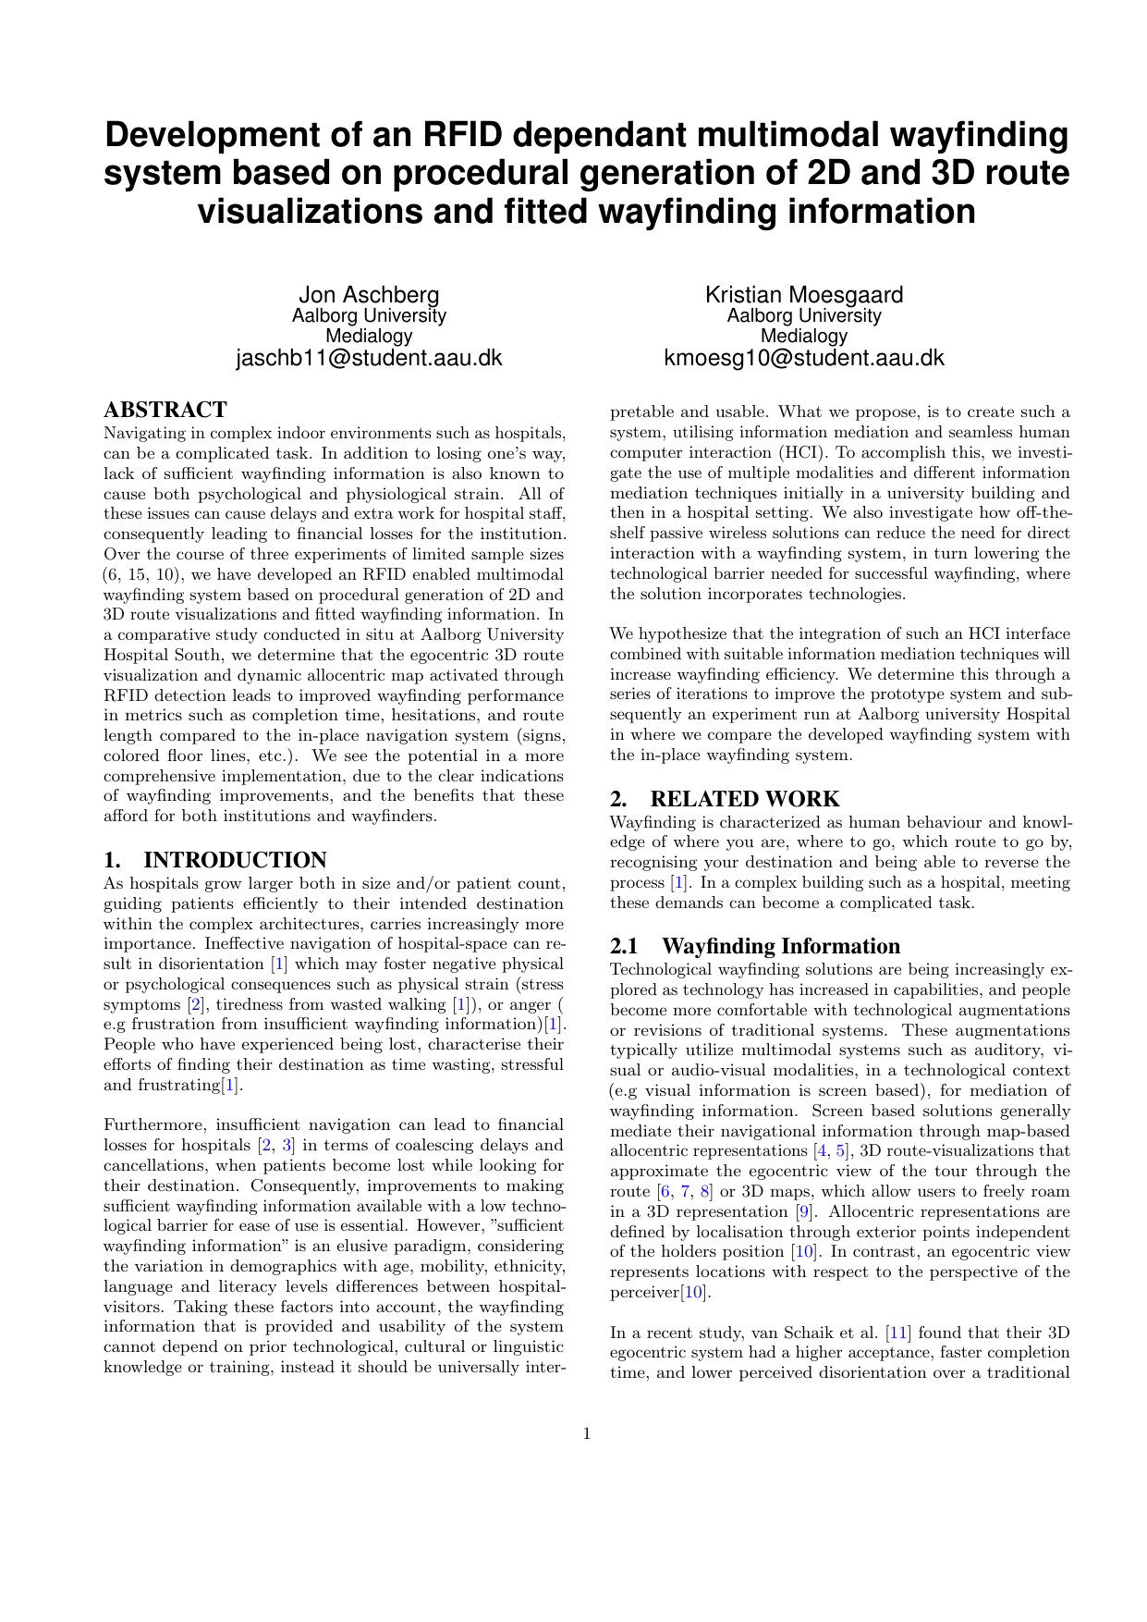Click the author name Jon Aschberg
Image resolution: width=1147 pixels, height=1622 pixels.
point(369,295)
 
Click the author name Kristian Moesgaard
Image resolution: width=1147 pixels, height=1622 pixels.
point(804,295)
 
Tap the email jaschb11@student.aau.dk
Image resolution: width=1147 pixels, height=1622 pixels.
point(369,358)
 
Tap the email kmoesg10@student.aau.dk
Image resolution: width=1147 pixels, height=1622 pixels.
point(804,358)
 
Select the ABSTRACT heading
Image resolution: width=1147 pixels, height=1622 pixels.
point(165,410)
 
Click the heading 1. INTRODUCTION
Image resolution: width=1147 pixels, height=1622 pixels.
point(215,860)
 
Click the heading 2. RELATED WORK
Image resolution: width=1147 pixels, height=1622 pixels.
point(725,799)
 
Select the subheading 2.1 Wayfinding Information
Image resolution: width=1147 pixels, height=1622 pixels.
point(755,946)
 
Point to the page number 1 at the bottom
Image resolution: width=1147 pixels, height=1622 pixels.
point(587,1434)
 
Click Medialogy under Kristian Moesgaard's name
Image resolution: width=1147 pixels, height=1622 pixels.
point(804,336)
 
